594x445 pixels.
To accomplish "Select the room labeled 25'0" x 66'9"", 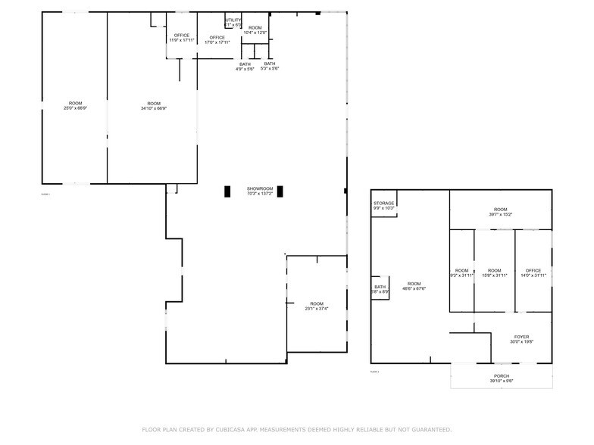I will (x=75, y=106).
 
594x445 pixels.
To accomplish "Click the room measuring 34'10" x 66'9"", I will (x=154, y=106).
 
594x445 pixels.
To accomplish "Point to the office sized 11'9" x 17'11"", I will (x=181, y=38).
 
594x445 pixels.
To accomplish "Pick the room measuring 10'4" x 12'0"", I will (x=255, y=30).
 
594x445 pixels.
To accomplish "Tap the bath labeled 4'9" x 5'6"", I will (x=245, y=67).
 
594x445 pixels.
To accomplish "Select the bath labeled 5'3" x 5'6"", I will (x=270, y=67).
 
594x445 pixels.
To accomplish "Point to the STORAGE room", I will (x=383, y=205).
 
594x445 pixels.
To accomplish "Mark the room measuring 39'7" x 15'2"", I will (x=500, y=212).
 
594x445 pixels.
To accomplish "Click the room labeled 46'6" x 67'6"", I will (x=413, y=286).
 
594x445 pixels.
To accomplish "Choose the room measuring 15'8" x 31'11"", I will (x=494, y=272).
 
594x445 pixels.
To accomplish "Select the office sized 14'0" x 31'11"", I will (x=533, y=272).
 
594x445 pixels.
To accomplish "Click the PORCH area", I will (x=502, y=378).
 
